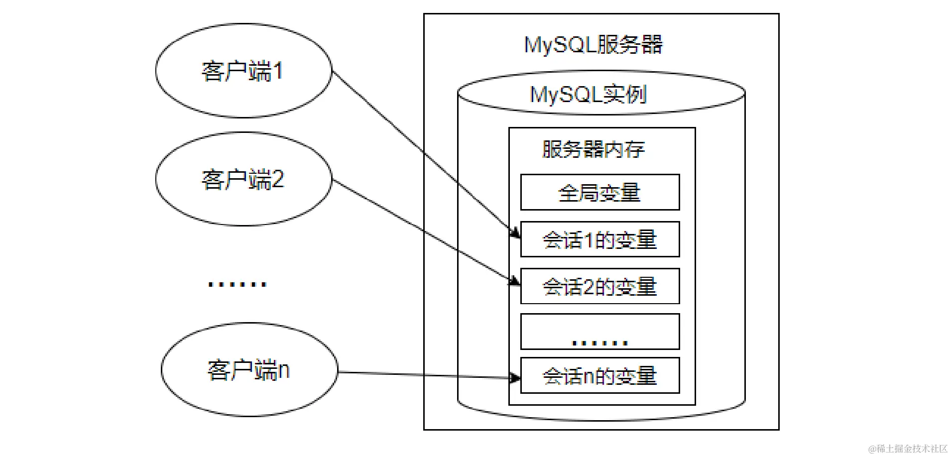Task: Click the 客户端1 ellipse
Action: (243, 71)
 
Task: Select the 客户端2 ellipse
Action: (243, 179)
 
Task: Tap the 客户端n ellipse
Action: (249, 370)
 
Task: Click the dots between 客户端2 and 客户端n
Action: (237, 284)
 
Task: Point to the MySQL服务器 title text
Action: (593, 45)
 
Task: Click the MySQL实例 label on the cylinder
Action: (588, 94)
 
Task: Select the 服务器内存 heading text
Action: (593, 149)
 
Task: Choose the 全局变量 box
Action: (599, 192)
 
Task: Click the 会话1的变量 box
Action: (599, 239)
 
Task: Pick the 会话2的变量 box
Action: (599, 286)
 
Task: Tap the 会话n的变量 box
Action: (599, 375)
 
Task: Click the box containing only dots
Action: (599, 331)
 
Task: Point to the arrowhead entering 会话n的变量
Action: (515, 378)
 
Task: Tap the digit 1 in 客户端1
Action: (278, 71)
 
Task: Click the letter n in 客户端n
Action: (283, 370)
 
